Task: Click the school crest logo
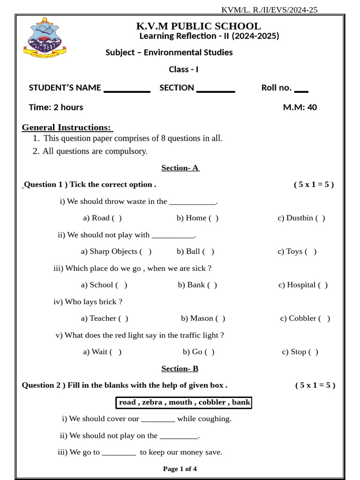pyautogui.click(x=45, y=38)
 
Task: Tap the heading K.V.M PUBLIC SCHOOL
pyautogui.click(x=198, y=26)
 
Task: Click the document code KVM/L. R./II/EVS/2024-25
pyautogui.click(x=269, y=10)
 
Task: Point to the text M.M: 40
pyautogui.click(x=300, y=107)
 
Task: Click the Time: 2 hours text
pyautogui.click(x=56, y=107)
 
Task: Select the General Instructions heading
pyautogui.click(x=67, y=127)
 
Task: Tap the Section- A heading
pyautogui.click(x=180, y=168)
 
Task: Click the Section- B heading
pyautogui.click(x=180, y=368)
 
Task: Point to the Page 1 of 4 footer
pyautogui.click(x=180, y=469)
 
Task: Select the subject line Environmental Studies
pyautogui.click(x=169, y=52)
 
